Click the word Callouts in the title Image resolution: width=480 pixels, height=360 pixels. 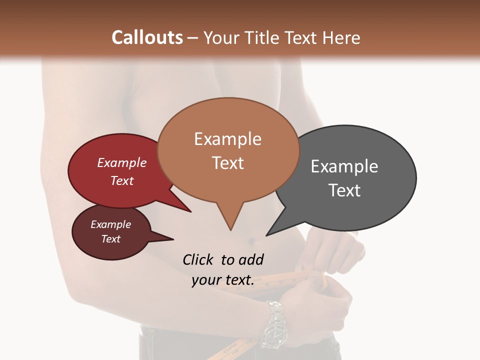[147, 37]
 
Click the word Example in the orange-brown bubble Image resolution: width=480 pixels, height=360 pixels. [227, 139]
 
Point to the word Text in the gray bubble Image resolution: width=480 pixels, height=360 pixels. [344, 190]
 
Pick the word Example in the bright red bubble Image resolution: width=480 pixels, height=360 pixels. [121, 163]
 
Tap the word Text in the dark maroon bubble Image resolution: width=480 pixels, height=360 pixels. [111, 239]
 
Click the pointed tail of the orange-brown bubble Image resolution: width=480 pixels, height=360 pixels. [230, 225]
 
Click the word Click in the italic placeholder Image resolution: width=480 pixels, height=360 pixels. [199, 260]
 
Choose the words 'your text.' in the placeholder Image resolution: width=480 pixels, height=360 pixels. [222, 280]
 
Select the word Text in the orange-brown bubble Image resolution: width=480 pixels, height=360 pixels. [227, 163]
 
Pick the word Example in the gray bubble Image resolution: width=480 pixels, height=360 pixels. [344, 166]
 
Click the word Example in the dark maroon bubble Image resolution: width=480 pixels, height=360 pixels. [110, 224]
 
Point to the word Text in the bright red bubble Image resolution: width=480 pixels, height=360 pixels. [121, 180]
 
